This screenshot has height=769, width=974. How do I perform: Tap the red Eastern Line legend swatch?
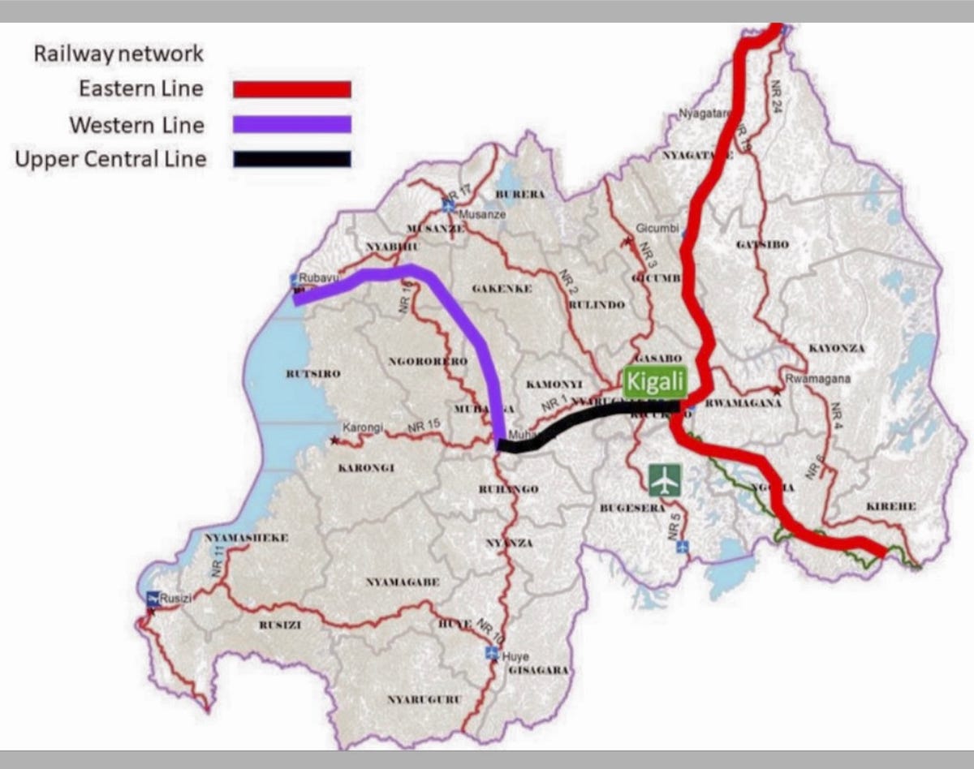[292, 89]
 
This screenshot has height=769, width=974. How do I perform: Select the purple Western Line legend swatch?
[292, 124]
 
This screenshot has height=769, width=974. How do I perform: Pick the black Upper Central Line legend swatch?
[292, 159]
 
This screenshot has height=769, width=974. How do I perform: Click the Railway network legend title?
[119, 54]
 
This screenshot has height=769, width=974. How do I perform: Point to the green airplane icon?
[665, 479]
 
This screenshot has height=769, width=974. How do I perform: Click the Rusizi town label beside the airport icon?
[175, 599]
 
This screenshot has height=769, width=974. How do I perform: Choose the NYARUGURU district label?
[425, 699]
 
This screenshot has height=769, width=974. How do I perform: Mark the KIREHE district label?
[891, 506]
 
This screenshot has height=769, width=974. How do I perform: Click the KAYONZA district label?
[837, 349]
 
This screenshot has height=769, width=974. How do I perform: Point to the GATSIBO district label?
[762, 244]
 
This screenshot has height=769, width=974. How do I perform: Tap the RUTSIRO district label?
[312, 374]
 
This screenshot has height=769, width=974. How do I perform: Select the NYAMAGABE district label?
[403, 582]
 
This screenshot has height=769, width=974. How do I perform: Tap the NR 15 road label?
[425, 425]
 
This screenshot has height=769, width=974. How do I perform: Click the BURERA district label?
[519, 195]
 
